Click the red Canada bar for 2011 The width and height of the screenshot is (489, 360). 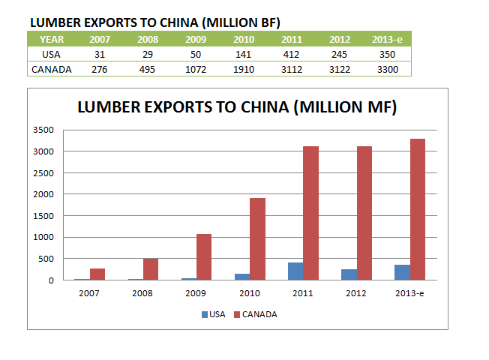coord(310,213)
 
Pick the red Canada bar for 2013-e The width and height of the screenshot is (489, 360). coord(417,209)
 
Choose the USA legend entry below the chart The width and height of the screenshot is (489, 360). coord(212,314)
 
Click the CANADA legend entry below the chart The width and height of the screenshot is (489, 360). coord(255,314)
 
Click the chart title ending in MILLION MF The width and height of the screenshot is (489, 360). coord(238,108)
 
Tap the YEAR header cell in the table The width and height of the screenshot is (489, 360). coord(51,39)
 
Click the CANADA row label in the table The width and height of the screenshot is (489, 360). coord(51,70)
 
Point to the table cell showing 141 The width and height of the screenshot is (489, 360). coord(244,55)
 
